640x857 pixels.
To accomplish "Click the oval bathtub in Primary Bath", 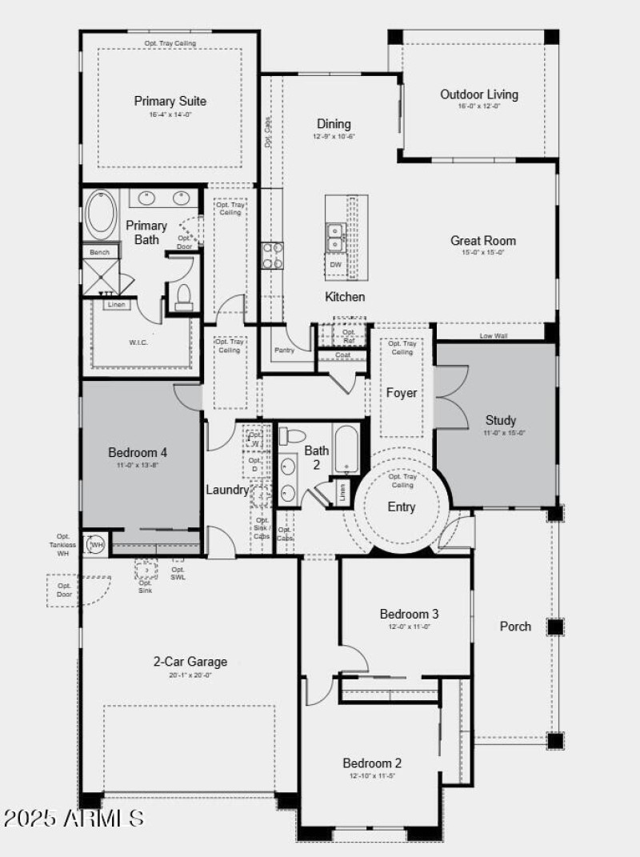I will click(101, 214).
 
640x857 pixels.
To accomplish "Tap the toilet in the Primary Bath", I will click(183, 295).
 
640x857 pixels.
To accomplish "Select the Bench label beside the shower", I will click(100, 252).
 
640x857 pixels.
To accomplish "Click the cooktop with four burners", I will click(273, 254).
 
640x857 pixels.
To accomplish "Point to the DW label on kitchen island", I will click(335, 265).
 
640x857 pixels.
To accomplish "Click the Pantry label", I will click(284, 350).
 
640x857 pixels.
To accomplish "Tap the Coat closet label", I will click(343, 355).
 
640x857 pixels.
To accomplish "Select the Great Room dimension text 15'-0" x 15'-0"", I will click(482, 253).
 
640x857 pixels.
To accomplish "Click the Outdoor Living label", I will click(479, 94).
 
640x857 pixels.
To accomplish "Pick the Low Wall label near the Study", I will click(494, 336).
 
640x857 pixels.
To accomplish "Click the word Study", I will click(501, 420).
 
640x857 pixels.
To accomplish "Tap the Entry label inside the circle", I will click(402, 507).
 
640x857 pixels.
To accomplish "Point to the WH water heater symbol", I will click(96, 545).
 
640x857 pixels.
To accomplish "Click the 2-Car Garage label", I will click(190, 662).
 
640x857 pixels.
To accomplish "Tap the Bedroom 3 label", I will click(409, 614).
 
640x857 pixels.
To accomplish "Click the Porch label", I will click(515, 626).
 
